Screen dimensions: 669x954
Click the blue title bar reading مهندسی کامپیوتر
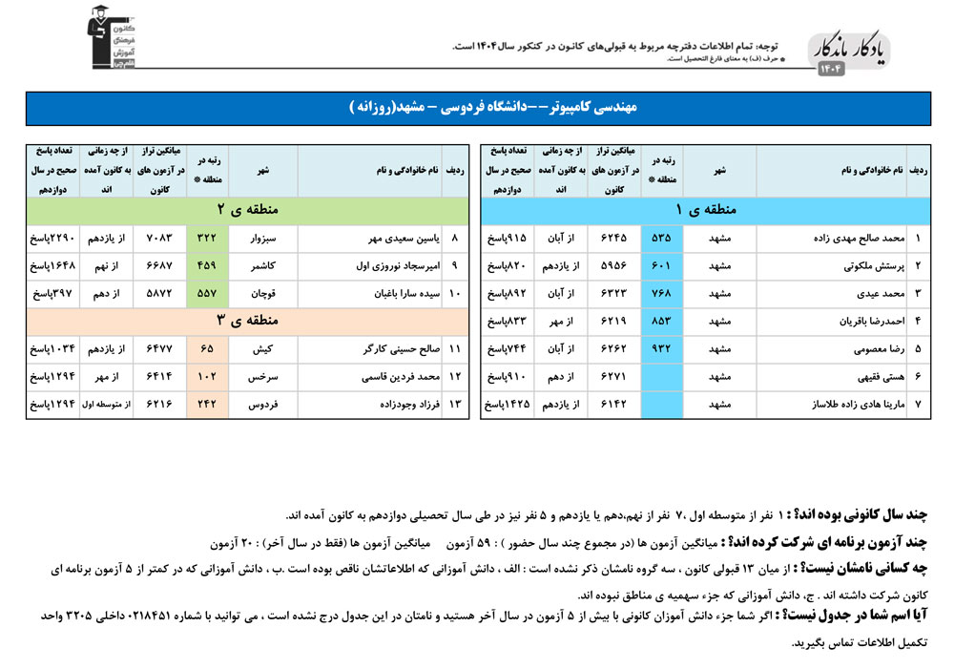click(x=476, y=108)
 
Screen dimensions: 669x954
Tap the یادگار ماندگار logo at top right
click(x=850, y=52)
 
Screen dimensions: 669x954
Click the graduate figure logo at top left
click(x=106, y=38)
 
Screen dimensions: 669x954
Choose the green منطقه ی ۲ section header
click(x=247, y=209)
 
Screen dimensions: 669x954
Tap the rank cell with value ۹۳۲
click(x=660, y=349)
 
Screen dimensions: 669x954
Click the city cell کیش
click(x=263, y=349)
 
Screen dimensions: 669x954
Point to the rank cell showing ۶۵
click(x=206, y=349)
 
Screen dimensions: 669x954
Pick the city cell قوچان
click(x=263, y=294)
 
